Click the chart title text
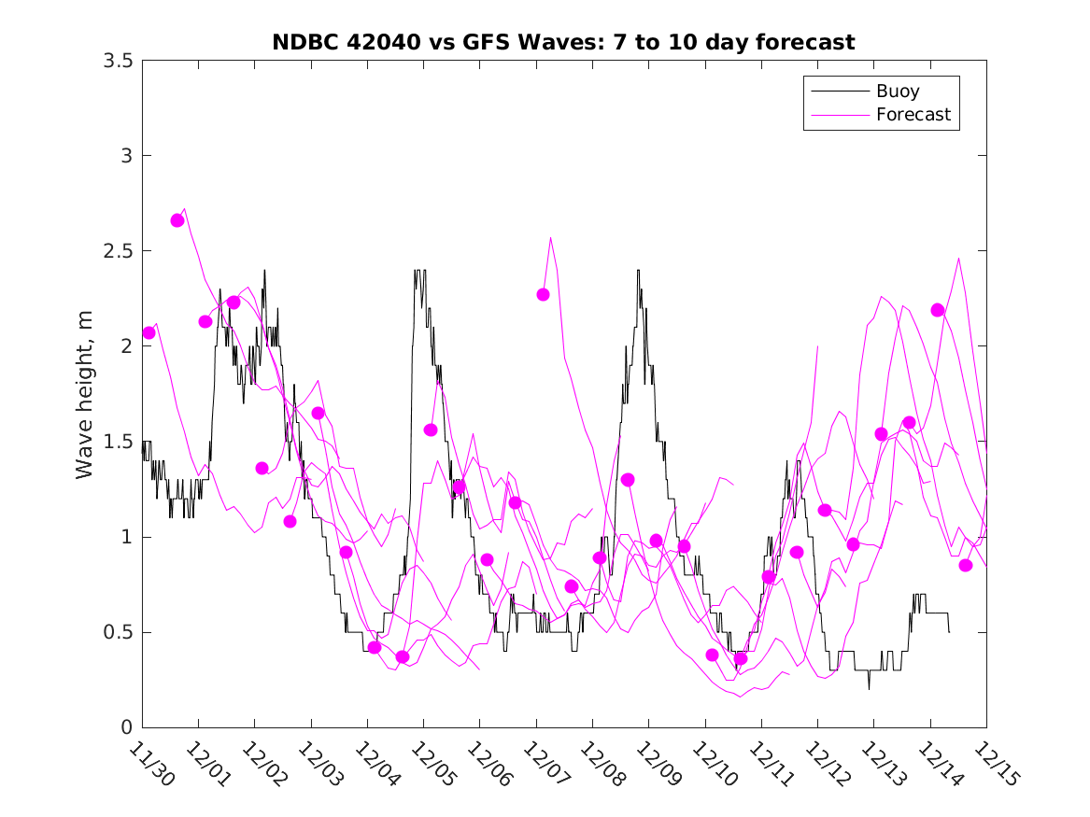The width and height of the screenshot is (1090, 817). coord(563,42)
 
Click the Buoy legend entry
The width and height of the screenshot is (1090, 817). coord(898,92)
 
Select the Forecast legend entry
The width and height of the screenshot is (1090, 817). coord(913,115)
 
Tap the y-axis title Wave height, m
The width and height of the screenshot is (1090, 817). coord(85,393)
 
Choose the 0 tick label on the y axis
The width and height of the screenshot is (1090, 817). coord(124,727)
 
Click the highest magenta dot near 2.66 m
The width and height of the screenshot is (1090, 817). coord(177,220)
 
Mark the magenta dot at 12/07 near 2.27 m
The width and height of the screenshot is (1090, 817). coord(543,294)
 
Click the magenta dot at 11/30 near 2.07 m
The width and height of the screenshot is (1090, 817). coord(149,332)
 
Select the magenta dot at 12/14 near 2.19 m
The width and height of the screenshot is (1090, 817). coord(938,310)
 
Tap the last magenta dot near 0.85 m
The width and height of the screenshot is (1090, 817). coord(966,565)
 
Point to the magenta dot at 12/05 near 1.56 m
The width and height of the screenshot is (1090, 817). coord(431,430)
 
